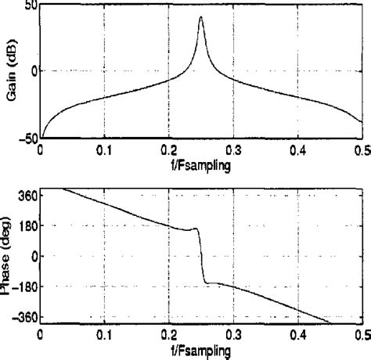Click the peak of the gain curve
[x=201, y=17]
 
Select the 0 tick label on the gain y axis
[x=32, y=71]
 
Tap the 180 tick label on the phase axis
[x=26, y=225]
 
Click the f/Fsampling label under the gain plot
[x=200, y=166]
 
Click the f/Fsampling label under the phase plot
[x=200, y=351]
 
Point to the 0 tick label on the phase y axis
[x=32, y=256]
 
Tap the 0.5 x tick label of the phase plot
[x=362, y=335]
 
